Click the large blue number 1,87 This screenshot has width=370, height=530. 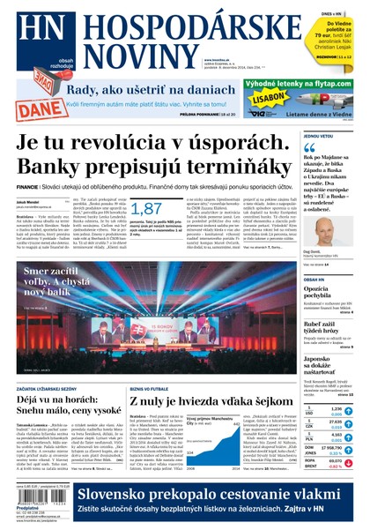pyautogui.click(x=146, y=208)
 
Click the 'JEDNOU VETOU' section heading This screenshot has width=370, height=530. pyautogui.click(x=319, y=138)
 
